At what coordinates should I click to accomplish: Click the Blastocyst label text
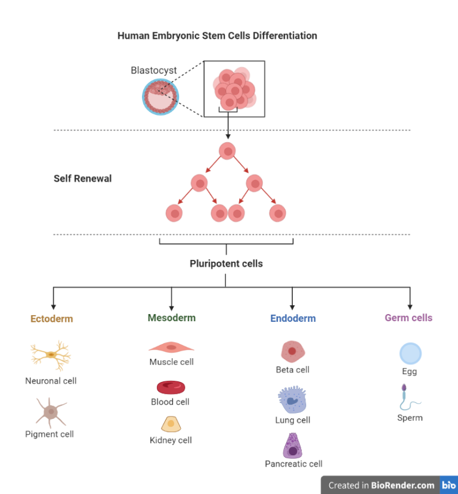154,70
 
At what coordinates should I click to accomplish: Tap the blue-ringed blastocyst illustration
160,97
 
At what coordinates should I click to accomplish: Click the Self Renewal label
82,178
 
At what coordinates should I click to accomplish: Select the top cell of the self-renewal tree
227,151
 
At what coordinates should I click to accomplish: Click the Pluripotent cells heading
226,263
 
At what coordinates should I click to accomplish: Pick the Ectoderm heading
52,319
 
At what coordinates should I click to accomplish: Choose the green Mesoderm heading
172,318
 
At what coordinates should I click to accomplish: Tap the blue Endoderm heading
293,318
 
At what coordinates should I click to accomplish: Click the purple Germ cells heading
409,318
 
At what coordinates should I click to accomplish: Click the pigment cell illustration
51,412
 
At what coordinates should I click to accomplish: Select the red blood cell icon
171,387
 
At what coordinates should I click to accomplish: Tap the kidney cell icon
171,424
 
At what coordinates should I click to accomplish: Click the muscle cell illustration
171,347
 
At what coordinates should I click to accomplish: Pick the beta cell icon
292,352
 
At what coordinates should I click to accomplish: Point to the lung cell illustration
292,400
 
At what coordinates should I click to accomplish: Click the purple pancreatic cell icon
293,445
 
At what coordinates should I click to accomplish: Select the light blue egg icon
410,354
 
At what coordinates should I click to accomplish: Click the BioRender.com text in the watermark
403,485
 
